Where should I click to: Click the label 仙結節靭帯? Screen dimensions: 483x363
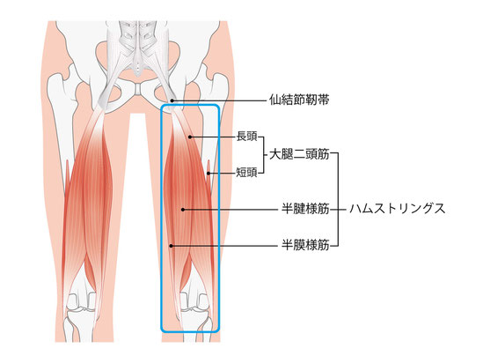[299, 100]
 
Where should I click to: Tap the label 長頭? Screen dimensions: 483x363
[246, 137]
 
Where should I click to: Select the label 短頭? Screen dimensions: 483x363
[246, 173]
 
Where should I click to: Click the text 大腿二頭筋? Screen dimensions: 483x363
[299, 154]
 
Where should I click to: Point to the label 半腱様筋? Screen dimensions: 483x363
[305, 209]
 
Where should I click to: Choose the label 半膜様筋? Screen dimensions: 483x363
[305, 246]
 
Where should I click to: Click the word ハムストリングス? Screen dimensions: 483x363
[398, 209]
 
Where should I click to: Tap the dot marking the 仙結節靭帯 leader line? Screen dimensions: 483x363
[172, 100]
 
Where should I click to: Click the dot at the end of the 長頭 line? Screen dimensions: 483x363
[190, 137]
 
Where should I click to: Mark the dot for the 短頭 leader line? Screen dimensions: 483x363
[209, 174]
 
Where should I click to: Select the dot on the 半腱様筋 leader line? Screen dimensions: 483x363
[183, 210]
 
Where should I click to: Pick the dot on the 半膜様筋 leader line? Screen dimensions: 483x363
[172, 246]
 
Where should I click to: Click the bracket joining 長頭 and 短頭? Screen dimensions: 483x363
[264, 155]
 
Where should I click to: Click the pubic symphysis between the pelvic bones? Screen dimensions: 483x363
[139, 89]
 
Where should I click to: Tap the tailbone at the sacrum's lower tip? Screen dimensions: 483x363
[138, 70]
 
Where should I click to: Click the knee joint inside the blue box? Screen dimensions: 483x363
[194, 306]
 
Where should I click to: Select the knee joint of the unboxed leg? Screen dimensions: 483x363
[82, 306]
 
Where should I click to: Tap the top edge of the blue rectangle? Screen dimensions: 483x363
[190, 106]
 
